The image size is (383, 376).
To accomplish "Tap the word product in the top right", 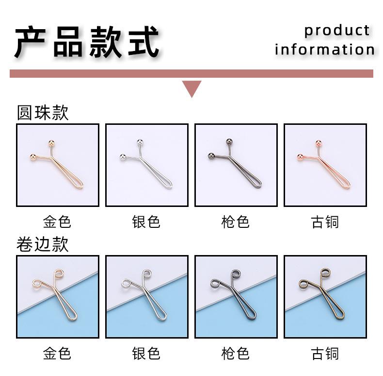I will coord(337,30).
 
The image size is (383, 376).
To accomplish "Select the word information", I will coord(324,50).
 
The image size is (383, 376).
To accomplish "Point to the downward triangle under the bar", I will coord(191,88).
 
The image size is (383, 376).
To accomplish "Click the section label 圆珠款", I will coord(43,113).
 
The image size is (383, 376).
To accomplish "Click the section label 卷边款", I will coord(43,244).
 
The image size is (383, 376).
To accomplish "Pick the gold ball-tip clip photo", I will coord(58,165).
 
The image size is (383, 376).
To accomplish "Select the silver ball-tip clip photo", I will coord(147,165).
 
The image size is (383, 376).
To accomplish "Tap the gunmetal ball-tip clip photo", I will coord(236,165).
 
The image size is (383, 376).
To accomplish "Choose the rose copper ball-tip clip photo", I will coord(325,165).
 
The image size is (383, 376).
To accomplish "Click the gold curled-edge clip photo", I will coord(58,297).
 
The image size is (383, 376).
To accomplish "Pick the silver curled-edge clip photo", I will coord(147,297).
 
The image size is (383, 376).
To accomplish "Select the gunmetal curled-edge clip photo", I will coord(236,297).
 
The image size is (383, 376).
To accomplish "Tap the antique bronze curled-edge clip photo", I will coord(325,297).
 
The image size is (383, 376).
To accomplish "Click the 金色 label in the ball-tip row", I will coord(57,222).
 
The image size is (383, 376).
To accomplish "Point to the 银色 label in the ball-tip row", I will coord(146,222).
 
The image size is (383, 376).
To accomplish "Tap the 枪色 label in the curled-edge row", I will coord(236,354).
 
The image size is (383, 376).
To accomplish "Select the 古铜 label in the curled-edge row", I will coord(325,354).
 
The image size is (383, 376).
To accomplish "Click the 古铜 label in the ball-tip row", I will coord(325,222).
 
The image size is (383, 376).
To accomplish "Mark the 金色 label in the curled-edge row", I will coord(57,354).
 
